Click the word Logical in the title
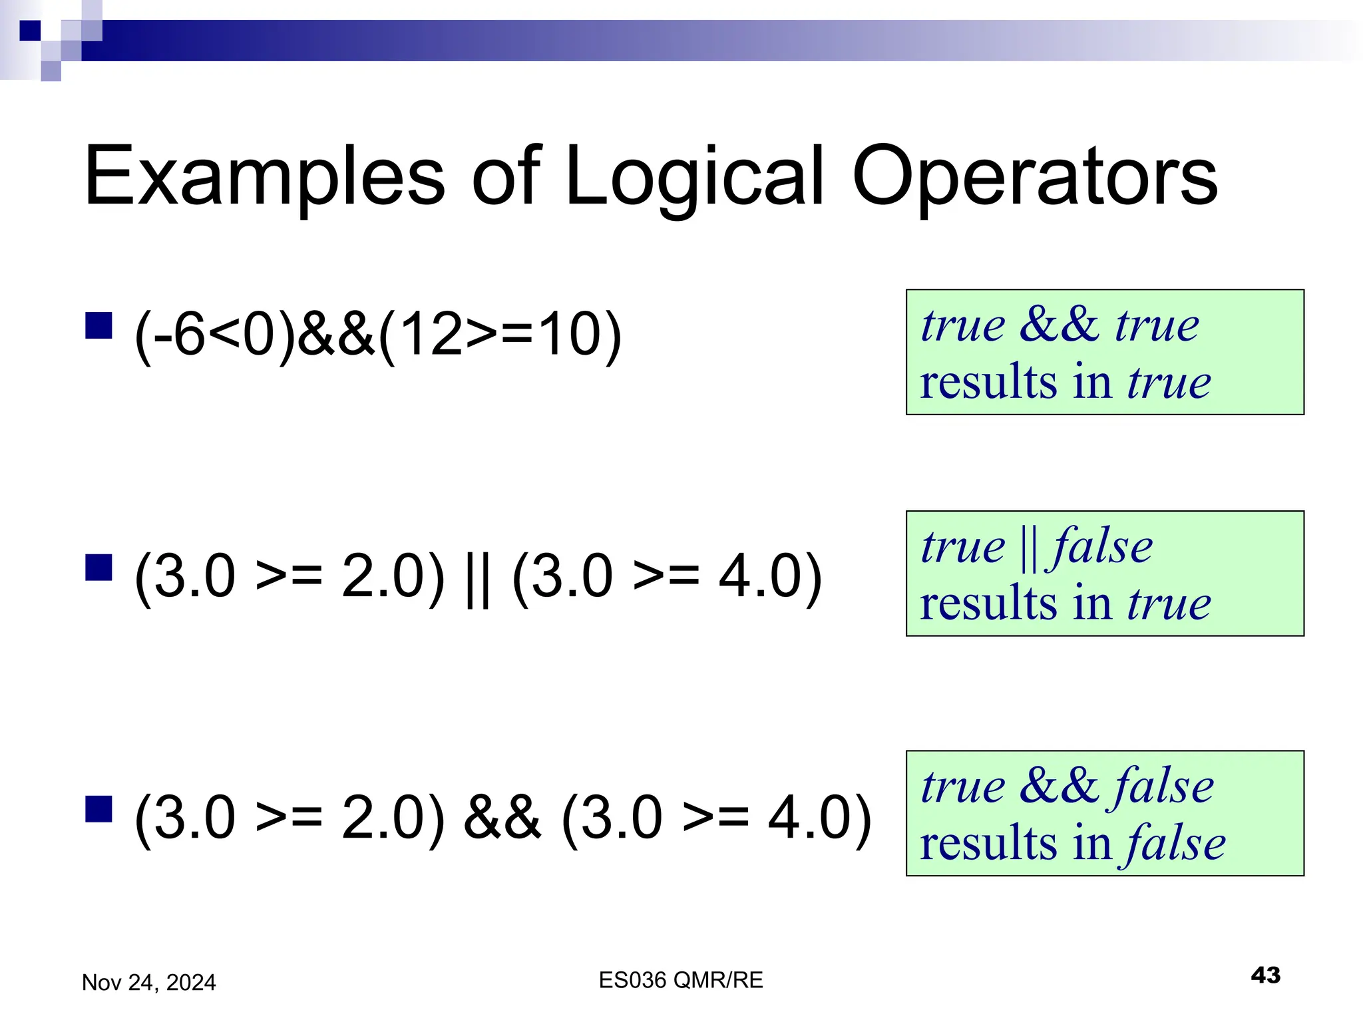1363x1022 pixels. point(695,177)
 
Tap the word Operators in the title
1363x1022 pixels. point(1035,177)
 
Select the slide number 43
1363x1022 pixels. point(1265,975)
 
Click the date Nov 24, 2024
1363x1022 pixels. point(148,983)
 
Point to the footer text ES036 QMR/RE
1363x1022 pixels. point(680,980)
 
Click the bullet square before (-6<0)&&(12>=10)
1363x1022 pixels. point(98,326)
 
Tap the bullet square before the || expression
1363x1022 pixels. point(98,568)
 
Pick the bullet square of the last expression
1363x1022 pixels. point(98,809)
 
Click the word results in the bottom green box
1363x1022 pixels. point(988,843)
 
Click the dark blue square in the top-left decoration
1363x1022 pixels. point(30,31)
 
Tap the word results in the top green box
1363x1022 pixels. point(988,382)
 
